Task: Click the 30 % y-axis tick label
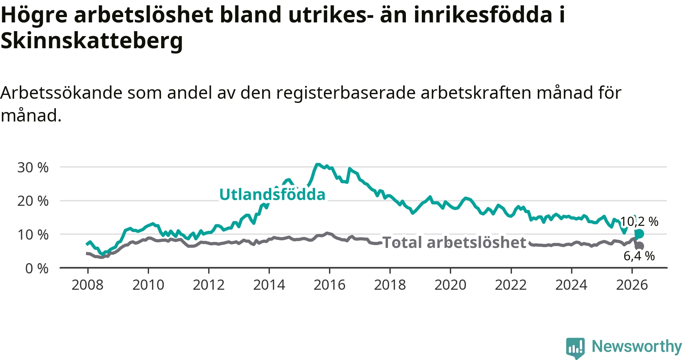pyautogui.click(x=33, y=167)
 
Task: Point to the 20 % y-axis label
pyautogui.click(x=33, y=201)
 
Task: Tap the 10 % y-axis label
pyautogui.click(x=33, y=235)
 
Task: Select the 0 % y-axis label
pyautogui.click(x=37, y=268)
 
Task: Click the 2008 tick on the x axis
pyautogui.click(x=87, y=285)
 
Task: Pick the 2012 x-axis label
pyautogui.click(x=209, y=285)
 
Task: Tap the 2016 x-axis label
pyautogui.click(x=329, y=285)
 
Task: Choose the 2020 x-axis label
pyautogui.click(x=450, y=285)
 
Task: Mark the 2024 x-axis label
pyautogui.click(x=571, y=285)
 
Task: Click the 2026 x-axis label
pyautogui.click(x=632, y=285)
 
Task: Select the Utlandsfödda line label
pyautogui.click(x=272, y=194)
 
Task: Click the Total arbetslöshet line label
pyautogui.click(x=454, y=242)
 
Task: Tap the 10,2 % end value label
pyautogui.click(x=639, y=221)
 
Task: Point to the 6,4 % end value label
pyautogui.click(x=639, y=256)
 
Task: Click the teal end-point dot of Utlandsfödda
pyautogui.click(x=639, y=234)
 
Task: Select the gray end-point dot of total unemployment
pyautogui.click(x=640, y=246)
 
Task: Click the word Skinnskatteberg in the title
pyautogui.click(x=92, y=41)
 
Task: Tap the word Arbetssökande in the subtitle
pyautogui.click(x=61, y=93)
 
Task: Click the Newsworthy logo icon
pyautogui.click(x=575, y=348)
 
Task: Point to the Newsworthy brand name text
pyautogui.click(x=637, y=346)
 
